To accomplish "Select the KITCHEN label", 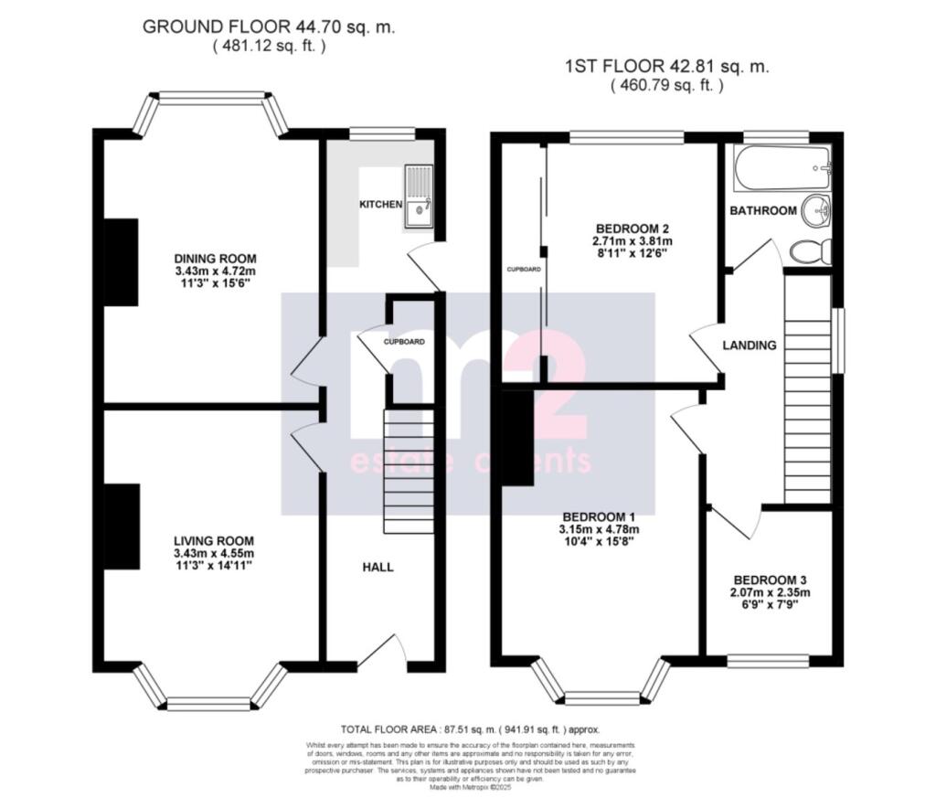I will pyautogui.click(x=380, y=204).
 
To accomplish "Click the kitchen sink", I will pyautogui.click(x=420, y=196).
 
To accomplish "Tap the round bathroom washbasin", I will pyautogui.click(x=816, y=211).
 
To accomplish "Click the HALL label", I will pyautogui.click(x=378, y=567).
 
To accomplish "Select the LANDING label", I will pyautogui.click(x=749, y=346).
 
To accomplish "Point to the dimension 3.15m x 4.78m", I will pyautogui.click(x=600, y=528).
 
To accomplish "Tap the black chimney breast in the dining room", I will pyautogui.click(x=121, y=262).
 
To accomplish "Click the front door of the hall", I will pyautogui.click(x=382, y=653).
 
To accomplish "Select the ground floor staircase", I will pyautogui.click(x=408, y=471).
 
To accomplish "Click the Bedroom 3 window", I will pyautogui.click(x=768, y=660).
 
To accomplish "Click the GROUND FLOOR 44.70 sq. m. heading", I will pyautogui.click(x=268, y=27).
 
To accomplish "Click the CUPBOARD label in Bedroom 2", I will pyautogui.click(x=524, y=270).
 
